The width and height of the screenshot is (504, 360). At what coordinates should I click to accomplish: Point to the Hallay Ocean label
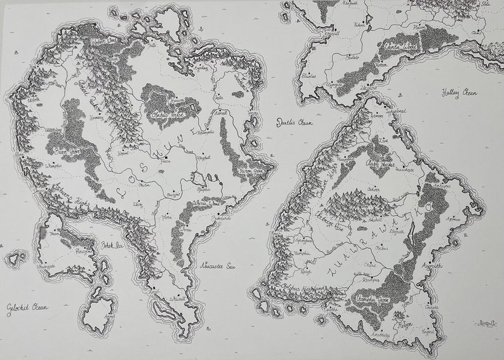pyautogui.click(x=461, y=93)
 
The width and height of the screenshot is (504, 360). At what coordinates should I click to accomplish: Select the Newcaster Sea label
pyautogui.click(x=213, y=262)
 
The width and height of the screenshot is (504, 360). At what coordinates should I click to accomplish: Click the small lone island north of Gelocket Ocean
pyautogui.click(x=15, y=258)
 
